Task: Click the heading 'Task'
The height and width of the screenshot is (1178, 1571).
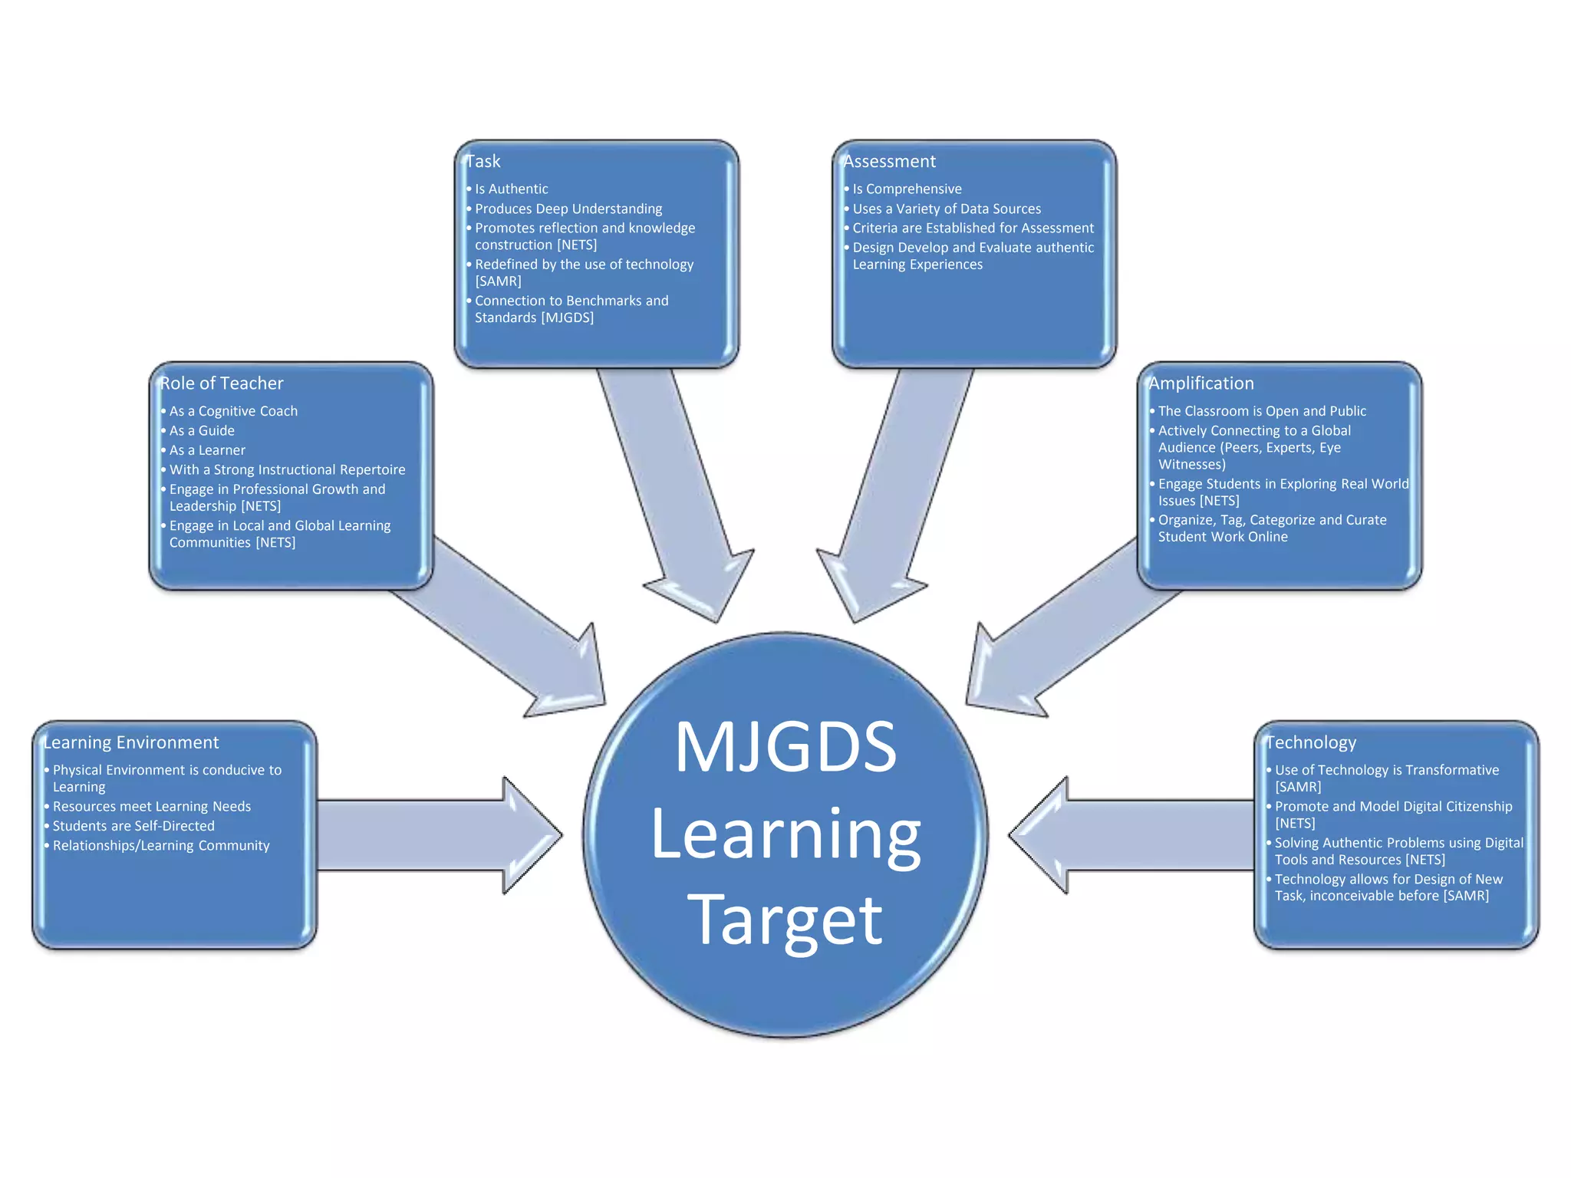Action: tap(483, 162)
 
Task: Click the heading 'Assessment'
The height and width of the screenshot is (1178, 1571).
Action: tap(889, 162)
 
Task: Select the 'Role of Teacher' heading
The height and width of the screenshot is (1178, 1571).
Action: tap(222, 383)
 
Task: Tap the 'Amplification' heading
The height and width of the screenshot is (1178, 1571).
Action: tap(1200, 383)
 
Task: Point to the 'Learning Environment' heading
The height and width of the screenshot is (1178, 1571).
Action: tap(131, 742)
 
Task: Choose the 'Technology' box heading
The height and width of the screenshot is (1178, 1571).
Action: tap(1311, 742)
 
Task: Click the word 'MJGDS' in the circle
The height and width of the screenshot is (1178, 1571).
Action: tap(785, 747)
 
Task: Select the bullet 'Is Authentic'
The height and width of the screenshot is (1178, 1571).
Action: tap(511, 189)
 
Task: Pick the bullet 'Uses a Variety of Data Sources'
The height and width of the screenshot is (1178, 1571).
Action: tap(947, 209)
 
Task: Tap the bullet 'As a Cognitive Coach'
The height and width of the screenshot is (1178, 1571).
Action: tap(233, 411)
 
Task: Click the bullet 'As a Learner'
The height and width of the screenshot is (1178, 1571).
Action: tap(207, 450)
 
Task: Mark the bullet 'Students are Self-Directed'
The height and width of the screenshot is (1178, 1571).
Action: tap(133, 826)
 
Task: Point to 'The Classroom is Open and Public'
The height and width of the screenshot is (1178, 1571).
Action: tap(1262, 411)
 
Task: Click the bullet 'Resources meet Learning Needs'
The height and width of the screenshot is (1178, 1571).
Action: tap(152, 807)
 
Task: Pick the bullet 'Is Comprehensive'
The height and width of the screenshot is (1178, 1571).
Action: tap(907, 189)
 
